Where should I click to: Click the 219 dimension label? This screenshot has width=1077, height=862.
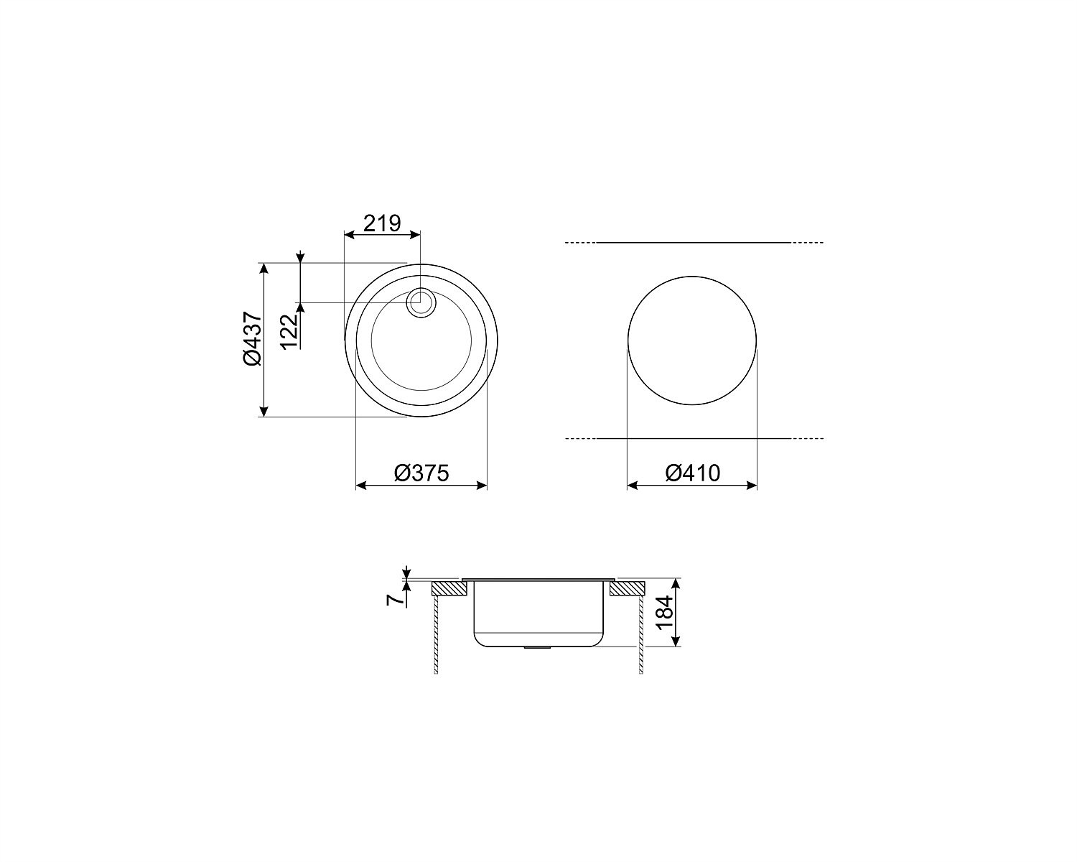click(x=382, y=223)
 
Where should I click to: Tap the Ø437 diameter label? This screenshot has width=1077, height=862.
click(x=253, y=338)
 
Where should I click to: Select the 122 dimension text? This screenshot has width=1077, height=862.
click(x=290, y=332)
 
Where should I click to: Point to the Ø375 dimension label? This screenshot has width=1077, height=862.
click(x=421, y=473)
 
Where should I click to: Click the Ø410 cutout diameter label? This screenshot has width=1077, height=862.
click(x=693, y=473)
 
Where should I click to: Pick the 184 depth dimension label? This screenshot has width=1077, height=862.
click(x=664, y=613)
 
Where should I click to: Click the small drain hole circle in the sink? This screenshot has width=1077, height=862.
click(x=421, y=302)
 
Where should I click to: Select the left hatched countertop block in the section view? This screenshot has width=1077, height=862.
click(x=450, y=588)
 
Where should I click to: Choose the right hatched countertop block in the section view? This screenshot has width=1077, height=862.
click(x=628, y=588)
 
